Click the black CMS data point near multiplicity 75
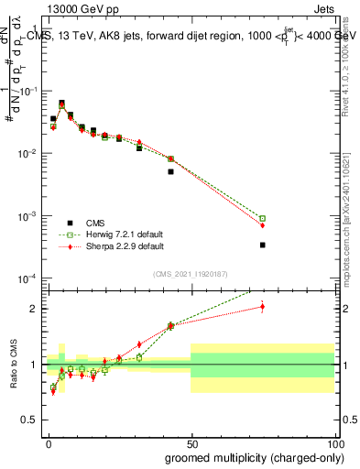click(262, 245)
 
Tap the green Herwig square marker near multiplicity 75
click(262, 218)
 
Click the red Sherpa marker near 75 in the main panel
click(262, 225)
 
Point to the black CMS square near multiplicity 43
click(170, 171)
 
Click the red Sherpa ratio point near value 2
click(262, 307)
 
